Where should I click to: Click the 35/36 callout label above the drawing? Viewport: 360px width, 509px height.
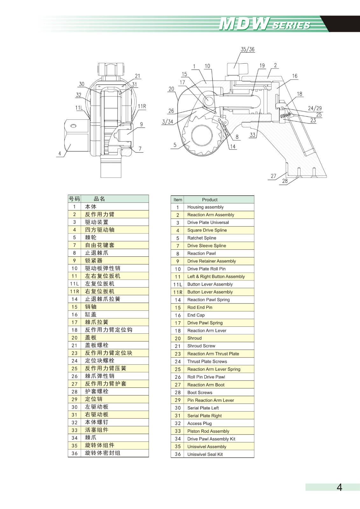click(x=247, y=49)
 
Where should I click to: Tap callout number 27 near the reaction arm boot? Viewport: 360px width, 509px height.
click(x=273, y=176)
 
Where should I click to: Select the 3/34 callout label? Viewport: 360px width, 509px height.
click(x=168, y=122)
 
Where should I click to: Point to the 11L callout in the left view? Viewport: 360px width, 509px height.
click(x=79, y=108)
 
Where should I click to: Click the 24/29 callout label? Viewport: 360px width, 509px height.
click(x=315, y=108)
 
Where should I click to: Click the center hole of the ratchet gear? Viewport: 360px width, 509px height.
click(x=202, y=135)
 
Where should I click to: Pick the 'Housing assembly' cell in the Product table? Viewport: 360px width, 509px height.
click(x=205, y=207)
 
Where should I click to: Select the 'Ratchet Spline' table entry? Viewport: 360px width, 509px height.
click(x=202, y=238)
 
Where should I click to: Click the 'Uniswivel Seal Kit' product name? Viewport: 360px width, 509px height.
click(x=205, y=454)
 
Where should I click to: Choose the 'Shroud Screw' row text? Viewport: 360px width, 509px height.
click(x=201, y=346)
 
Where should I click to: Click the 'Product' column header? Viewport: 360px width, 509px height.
click(x=210, y=199)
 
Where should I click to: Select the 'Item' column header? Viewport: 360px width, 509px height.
click(x=178, y=199)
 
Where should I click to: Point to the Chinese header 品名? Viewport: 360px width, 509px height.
click(x=99, y=199)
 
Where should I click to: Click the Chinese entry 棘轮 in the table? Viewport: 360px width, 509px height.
click(x=91, y=237)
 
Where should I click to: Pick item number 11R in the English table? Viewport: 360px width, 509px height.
click(x=178, y=292)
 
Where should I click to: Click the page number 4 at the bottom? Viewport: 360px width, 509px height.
click(x=339, y=487)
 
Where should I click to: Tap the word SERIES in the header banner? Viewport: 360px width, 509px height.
click(x=291, y=25)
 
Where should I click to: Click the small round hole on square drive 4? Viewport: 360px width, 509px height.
click(x=73, y=126)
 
